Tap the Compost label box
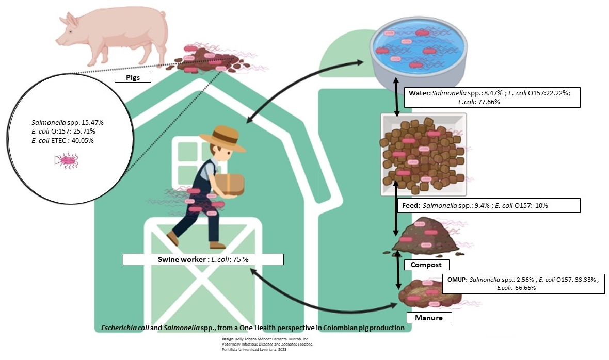426,265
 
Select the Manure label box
429,317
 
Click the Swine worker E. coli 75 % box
203,259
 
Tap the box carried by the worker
230,184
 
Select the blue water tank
418,52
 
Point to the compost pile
425,238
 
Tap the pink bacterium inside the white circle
68,161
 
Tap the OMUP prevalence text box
522,283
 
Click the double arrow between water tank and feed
396,97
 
